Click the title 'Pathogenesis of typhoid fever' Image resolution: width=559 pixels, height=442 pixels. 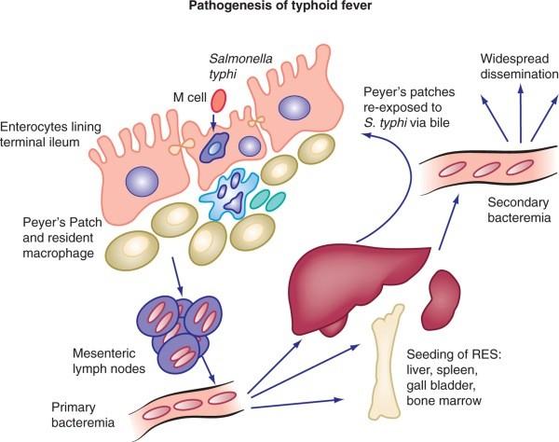[279, 11]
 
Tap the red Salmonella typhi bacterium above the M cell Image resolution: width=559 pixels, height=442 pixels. [221, 99]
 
